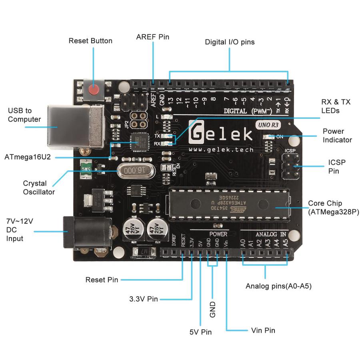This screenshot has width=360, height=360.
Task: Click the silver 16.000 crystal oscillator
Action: click(136, 171)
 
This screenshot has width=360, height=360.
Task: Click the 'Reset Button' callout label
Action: click(90, 41)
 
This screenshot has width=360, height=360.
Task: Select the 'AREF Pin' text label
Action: click(153, 37)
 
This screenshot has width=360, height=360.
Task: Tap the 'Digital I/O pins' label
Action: click(230, 42)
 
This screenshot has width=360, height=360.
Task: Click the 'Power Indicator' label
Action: click(337, 136)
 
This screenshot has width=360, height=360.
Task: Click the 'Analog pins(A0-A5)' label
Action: click(278, 286)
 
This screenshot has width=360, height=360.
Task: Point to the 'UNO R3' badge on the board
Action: click(268, 125)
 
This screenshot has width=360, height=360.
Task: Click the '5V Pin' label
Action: click(200, 332)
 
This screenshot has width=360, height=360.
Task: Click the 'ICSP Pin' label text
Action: click(337, 166)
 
